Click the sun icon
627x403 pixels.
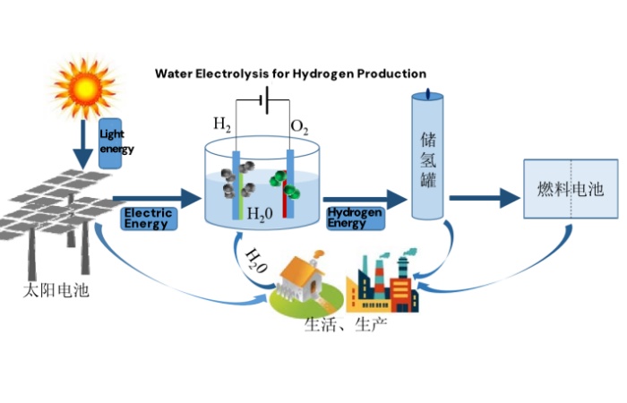pyautogui.click(x=86, y=88)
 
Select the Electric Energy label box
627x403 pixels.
pyautogui.click(x=148, y=218)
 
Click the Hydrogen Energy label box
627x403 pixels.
pyautogui.click(x=355, y=218)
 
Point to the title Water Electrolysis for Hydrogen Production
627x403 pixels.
pyautogui.click(x=290, y=73)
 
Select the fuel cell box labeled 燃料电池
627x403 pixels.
pyautogui.click(x=571, y=189)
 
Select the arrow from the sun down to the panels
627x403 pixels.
pyautogui.click(x=84, y=145)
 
